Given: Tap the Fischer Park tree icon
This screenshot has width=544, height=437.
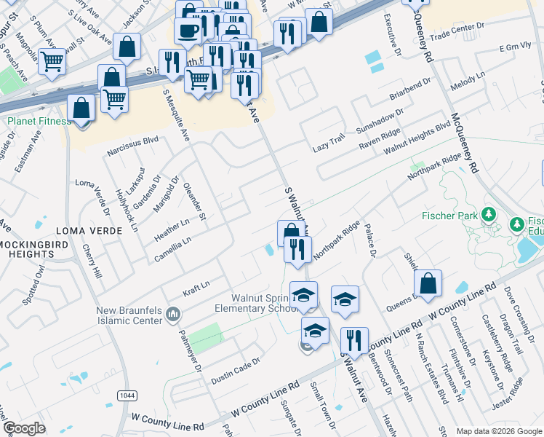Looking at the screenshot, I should [489, 215].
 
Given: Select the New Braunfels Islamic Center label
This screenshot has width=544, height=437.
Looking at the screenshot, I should [134, 316].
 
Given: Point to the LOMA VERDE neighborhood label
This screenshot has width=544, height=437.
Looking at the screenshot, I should [108, 230].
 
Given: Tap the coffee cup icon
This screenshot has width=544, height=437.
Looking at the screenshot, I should [188, 31].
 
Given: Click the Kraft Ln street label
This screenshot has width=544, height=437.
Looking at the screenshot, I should [196, 284].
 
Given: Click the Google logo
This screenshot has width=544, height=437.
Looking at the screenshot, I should [25, 428].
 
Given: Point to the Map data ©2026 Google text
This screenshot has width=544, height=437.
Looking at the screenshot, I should [498, 431].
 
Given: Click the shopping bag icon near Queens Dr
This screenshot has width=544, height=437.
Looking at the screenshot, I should [428, 283].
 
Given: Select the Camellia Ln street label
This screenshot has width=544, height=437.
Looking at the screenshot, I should [172, 249].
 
